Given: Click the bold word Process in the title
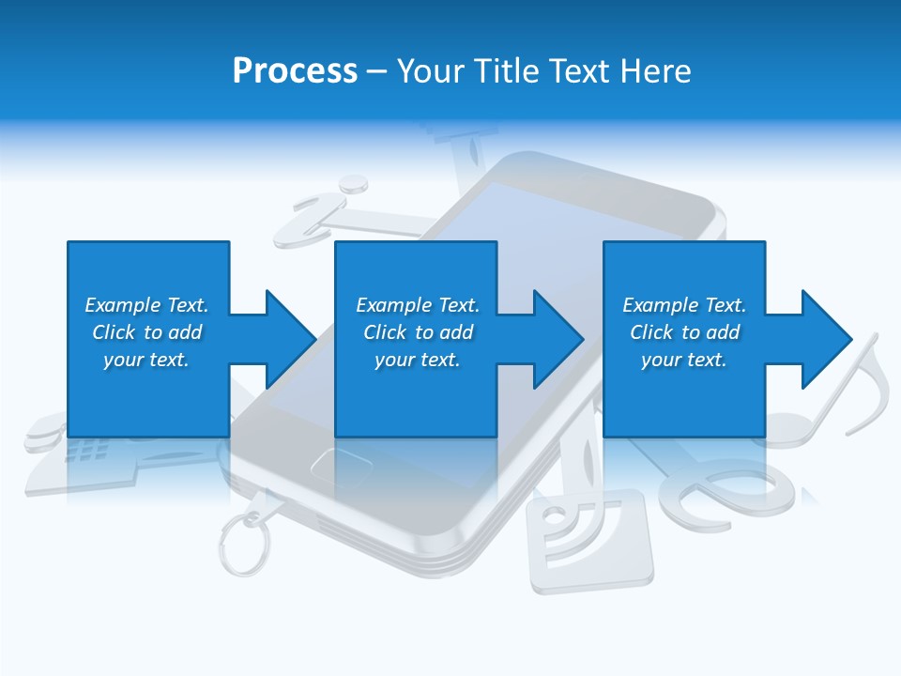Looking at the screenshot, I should click(295, 71).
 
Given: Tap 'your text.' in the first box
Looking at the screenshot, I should click(146, 360).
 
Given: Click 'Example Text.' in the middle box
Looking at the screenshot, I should click(417, 305).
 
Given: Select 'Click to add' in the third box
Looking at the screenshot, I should click(684, 332).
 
